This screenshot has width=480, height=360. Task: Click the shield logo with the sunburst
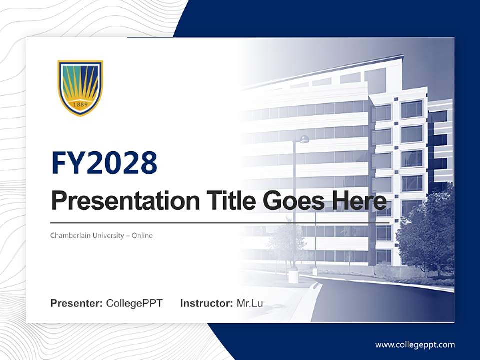80,87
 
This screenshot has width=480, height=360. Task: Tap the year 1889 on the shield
80,105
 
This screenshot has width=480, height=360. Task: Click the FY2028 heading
104,162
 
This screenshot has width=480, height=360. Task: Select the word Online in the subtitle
142,235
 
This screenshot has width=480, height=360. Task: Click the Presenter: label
77,303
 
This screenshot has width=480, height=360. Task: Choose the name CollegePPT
134,303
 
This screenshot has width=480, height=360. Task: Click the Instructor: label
206,303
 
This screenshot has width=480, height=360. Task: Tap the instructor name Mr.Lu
250,303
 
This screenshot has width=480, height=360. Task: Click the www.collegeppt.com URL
415,345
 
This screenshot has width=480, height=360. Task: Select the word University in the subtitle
109,235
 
